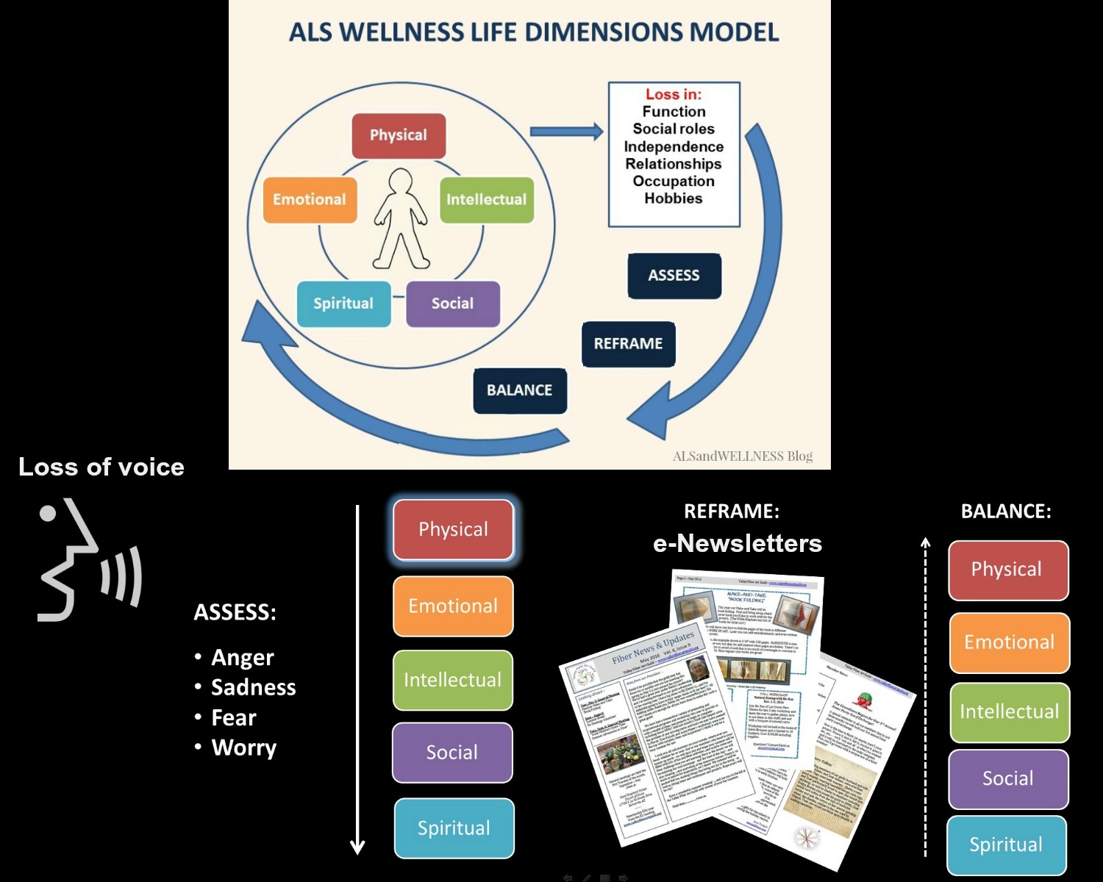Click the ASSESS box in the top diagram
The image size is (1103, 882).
pyautogui.click(x=674, y=276)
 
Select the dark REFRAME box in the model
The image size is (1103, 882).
pyautogui.click(x=628, y=344)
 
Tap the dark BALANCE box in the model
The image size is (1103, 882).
pyautogui.click(x=519, y=390)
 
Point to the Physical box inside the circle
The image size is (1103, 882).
pyautogui.click(x=399, y=135)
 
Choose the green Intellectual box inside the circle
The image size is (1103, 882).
pyautogui.click(x=486, y=199)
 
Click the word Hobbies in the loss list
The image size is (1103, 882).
pyautogui.click(x=673, y=198)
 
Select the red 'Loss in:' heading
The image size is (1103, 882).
pyautogui.click(x=673, y=94)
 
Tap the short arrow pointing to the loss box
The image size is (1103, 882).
pyautogui.click(x=566, y=132)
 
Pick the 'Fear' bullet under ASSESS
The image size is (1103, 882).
pyautogui.click(x=234, y=717)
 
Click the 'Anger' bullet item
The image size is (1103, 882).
pyautogui.click(x=242, y=657)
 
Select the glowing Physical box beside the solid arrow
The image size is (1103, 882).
pyautogui.click(x=453, y=530)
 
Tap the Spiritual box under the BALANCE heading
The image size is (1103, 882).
pyautogui.click(x=1006, y=845)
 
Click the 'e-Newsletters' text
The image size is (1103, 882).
pyautogui.click(x=737, y=543)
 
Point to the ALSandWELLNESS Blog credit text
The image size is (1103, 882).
pyautogui.click(x=742, y=456)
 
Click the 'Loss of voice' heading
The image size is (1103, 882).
pyautogui.click(x=101, y=467)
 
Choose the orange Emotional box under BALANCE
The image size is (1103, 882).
pyautogui.click(x=1009, y=642)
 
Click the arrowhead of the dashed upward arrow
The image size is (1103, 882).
pyautogui.click(x=926, y=543)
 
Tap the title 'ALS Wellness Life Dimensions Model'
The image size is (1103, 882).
pyautogui.click(x=533, y=32)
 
